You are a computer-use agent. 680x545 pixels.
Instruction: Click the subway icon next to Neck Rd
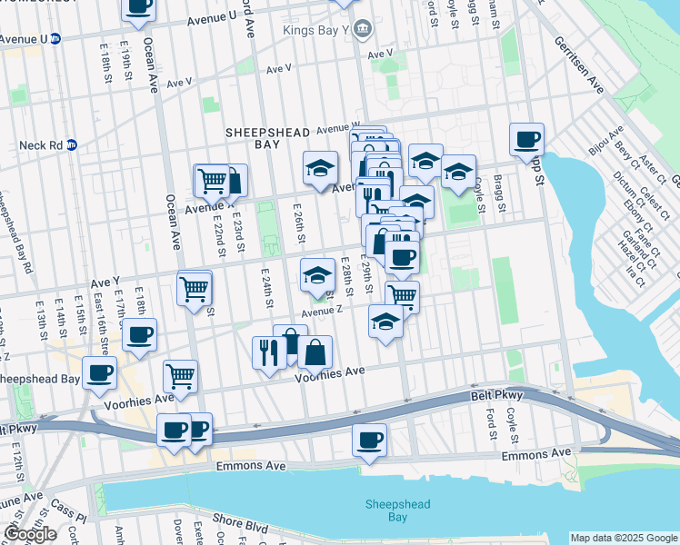(x=72, y=144)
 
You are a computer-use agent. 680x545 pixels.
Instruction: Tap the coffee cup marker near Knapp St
(x=526, y=141)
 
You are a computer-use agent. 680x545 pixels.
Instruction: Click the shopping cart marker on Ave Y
(x=194, y=289)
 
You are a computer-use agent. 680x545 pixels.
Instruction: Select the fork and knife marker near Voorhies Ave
(x=268, y=352)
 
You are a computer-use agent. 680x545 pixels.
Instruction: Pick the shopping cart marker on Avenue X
(x=212, y=180)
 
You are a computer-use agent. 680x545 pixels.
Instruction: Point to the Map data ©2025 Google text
(x=624, y=538)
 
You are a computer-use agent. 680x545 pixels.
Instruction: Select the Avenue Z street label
(x=322, y=311)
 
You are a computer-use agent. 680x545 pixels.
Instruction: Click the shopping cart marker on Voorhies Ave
(x=180, y=375)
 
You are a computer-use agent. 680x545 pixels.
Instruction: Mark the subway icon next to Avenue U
(x=55, y=39)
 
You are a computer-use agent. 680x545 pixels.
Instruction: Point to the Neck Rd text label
(x=40, y=144)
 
